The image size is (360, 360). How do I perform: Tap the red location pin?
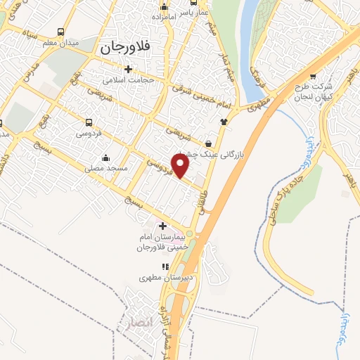181,165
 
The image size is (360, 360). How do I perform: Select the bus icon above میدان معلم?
62,32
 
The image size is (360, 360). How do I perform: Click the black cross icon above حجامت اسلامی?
127,69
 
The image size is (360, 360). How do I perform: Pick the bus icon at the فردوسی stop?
89,122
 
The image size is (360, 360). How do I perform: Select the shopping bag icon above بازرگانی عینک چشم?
208,143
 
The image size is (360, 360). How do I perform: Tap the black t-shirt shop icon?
224,122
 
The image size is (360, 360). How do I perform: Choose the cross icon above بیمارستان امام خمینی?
163,226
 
